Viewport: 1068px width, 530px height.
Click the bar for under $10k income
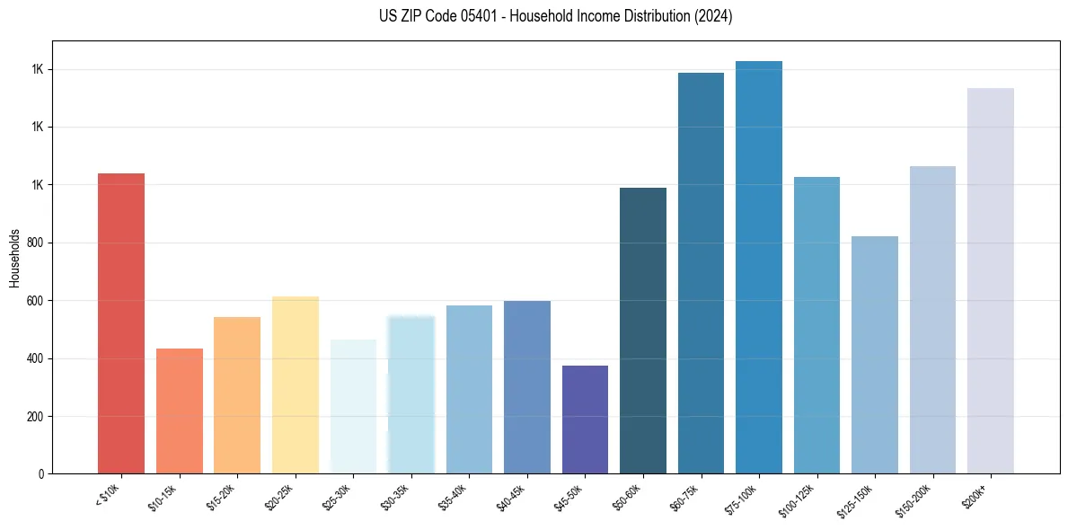click(x=121, y=323)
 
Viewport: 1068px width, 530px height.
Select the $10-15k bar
click(x=179, y=411)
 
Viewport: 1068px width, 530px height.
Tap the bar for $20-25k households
click(x=295, y=384)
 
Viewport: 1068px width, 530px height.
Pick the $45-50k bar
click(x=585, y=420)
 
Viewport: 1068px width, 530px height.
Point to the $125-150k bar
click(x=875, y=355)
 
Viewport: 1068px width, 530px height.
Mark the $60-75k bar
click(x=701, y=273)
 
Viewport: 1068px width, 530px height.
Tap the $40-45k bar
click(x=527, y=387)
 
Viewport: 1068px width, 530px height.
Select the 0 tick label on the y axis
click(x=40, y=474)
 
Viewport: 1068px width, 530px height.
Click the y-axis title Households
click(x=14, y=258)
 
